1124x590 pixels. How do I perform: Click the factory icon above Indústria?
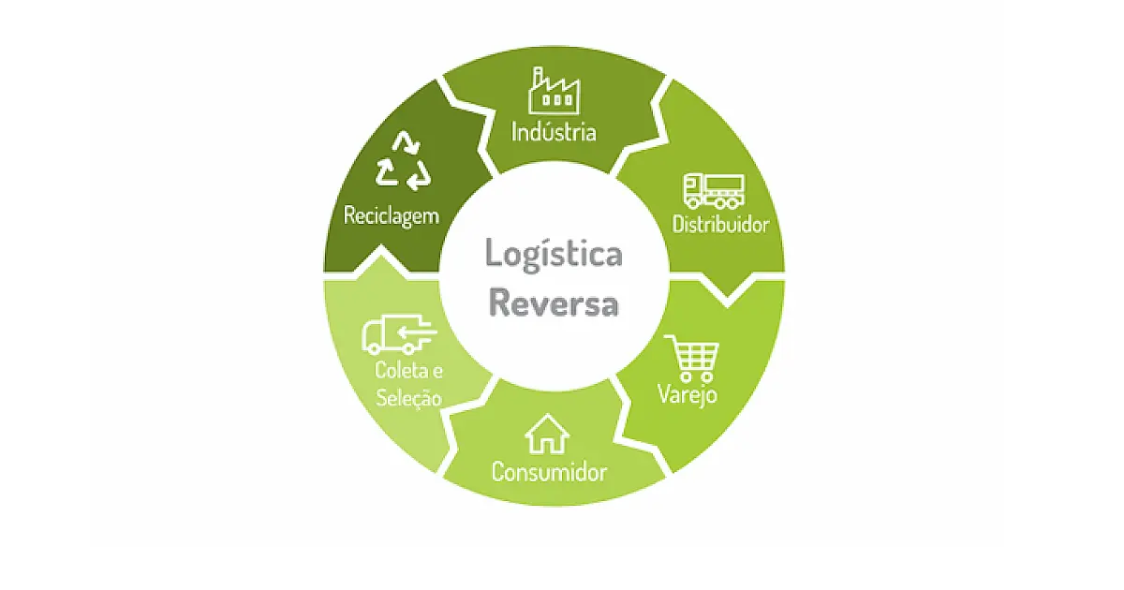[554, 91]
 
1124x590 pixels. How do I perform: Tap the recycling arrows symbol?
[403, 161]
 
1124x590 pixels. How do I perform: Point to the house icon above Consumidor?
[547, 435]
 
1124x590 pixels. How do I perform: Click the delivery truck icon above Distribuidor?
[714, 191]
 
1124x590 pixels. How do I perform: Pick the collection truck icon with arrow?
[399, 334]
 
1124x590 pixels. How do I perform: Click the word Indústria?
[554, 132]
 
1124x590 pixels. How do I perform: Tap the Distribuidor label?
[720, 224]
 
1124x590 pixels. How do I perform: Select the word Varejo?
[688, 395]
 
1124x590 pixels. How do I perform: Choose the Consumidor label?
[549, 472]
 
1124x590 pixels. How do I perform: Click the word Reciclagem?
[391, 216]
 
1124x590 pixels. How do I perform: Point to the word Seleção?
[408, 399]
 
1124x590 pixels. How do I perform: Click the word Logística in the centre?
[554, 255]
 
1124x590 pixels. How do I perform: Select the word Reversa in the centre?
[554, 302]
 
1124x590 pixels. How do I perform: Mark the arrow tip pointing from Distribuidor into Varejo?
[727, 304]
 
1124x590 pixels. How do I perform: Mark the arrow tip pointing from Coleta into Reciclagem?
[381, 246]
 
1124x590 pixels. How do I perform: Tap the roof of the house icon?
[547, 424]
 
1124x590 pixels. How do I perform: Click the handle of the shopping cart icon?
[671, 339]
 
